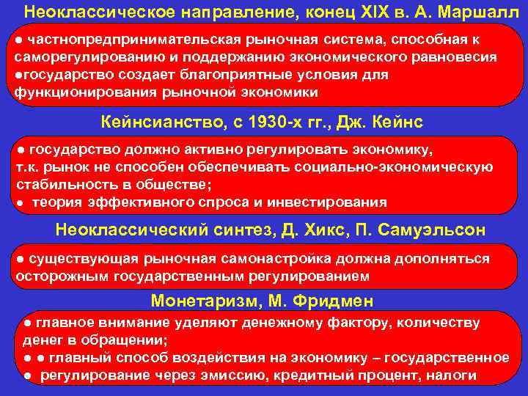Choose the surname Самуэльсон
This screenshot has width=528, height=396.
[430, 230]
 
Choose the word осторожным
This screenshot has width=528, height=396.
[71, 276]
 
